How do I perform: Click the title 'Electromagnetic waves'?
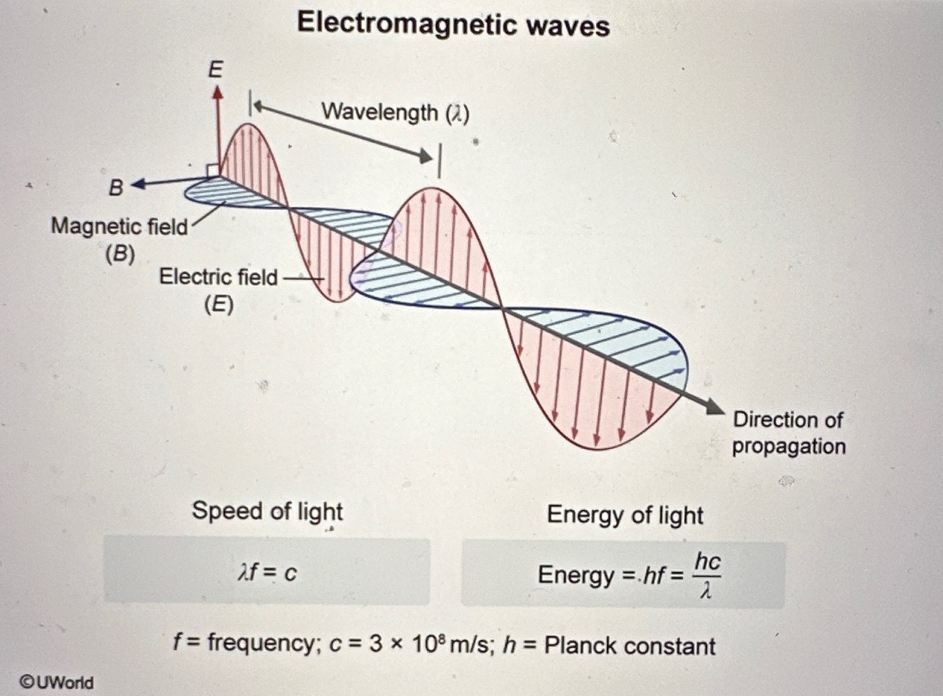(453, 25)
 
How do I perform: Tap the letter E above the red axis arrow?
(215, 69)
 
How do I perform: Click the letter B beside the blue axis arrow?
(116, 187)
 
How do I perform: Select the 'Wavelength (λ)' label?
(395, 112)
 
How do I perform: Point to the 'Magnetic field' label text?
(119, 227)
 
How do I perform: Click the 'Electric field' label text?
(218, 276)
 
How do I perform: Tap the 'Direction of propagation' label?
(788, 432)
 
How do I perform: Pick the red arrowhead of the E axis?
(218, 93)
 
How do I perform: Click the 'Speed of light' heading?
(267, 510)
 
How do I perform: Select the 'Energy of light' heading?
(625, 514)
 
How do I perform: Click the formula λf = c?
(267, 572)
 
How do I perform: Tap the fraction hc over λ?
(707, 574)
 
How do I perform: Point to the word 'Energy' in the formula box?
(575, 574)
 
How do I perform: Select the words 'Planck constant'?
(630, 646)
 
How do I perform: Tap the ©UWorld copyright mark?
(57, 682)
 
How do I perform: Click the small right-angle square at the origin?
(211, 170)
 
